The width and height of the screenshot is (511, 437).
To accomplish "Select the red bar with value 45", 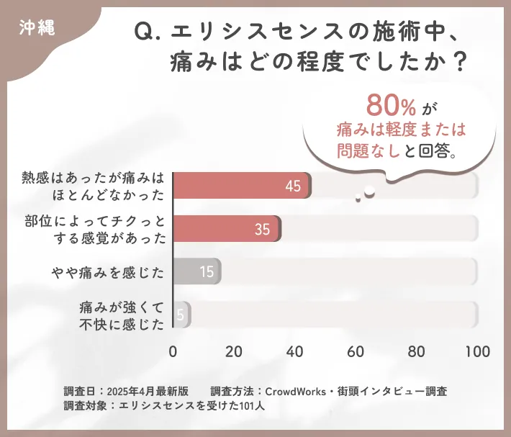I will click(x=241, y=186).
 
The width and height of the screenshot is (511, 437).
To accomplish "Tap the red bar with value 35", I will click(x=226, y=229).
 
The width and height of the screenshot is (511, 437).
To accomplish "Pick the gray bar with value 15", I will click(x=196, y=271).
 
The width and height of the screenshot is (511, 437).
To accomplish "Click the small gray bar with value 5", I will click(x=181, y=315).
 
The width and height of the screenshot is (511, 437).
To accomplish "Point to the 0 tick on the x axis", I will click(x=173, y=352).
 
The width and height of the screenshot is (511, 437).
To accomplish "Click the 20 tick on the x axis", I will click(x=233, y=352).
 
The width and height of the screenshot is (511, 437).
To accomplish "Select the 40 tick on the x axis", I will click(x=294, y=352).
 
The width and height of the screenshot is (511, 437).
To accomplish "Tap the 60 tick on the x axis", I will click(x=355, y=352).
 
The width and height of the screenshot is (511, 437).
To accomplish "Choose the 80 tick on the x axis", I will click(x=416, y=352).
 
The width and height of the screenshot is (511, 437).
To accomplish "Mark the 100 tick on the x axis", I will click(x=477, y=352).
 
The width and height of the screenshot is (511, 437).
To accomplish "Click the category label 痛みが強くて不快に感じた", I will click(x=122, y=315).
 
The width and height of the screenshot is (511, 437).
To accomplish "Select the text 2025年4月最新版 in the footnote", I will click(x=148, y=392).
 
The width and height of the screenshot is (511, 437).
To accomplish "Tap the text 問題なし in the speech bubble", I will click(x=366, y=150).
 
